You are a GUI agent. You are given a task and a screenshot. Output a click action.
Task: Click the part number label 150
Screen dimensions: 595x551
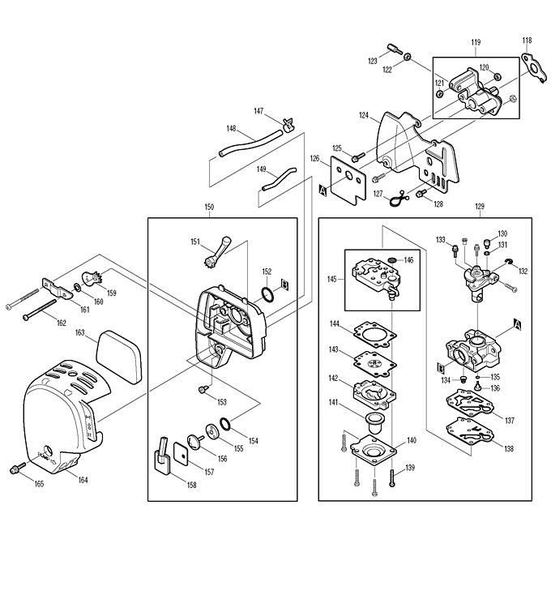[x=209, y=208]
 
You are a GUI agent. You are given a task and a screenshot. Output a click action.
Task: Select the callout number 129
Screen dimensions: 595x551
[x=479, y=208]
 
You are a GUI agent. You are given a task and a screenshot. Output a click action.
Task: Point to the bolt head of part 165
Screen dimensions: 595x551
[x=14, y=468]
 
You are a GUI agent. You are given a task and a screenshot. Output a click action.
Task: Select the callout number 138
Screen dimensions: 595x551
[x=508, y=447]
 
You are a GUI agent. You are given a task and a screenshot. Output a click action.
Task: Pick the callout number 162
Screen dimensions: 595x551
[x=61, y=323]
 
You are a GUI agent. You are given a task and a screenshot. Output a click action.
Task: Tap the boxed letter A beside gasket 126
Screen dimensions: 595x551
[x=323, y=191]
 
